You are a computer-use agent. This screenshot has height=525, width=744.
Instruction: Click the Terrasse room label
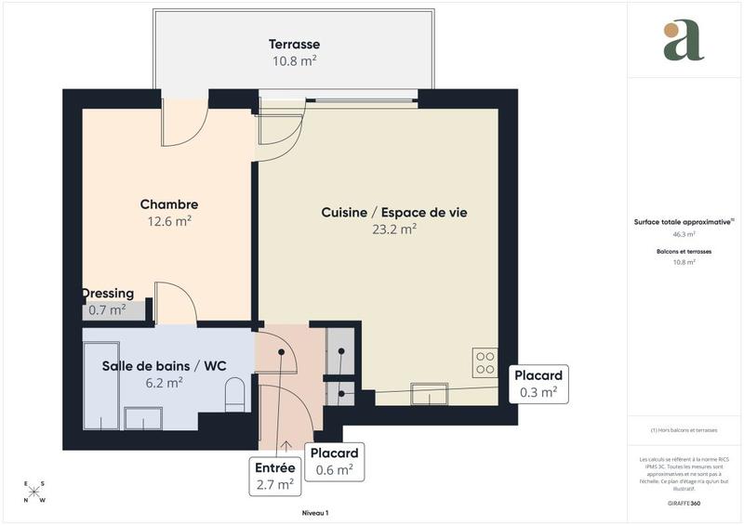[294, 45]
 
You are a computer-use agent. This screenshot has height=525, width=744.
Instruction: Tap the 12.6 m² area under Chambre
[168, 221]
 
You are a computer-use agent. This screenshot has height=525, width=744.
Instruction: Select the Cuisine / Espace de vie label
[394, 213]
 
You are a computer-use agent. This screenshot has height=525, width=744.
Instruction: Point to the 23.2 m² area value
[394, 230]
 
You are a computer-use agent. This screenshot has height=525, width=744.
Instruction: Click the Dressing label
[109, 294]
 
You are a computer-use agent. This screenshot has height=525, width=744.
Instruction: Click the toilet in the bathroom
[234, 395]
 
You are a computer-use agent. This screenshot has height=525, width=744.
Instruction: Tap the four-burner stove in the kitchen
[485, 361]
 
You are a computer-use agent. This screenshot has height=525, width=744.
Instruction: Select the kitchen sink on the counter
[429, 394]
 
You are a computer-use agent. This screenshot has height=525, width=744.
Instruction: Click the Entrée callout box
[275, 476]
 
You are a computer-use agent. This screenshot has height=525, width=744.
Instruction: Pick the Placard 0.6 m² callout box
[335, 462]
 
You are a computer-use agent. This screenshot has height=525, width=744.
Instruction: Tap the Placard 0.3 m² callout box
[538, 384]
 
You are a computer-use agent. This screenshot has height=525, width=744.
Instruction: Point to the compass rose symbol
[34, 492]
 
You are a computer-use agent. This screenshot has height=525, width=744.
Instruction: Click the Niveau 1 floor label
[315, 513]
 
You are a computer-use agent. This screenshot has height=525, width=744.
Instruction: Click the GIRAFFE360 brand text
[684, 503]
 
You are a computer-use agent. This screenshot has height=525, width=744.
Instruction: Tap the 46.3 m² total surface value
[684, 235]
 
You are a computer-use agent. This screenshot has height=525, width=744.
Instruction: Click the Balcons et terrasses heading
[684, 252]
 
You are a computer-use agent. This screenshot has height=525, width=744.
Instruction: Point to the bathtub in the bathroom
[100, 386]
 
